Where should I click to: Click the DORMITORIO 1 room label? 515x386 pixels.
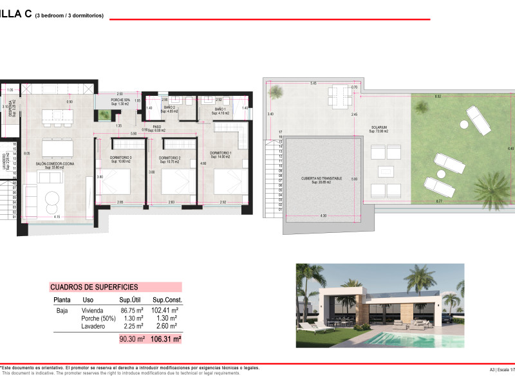click(220, 153)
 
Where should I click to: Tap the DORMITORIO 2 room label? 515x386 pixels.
click(171, 158)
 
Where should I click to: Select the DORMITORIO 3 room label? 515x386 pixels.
click(120, 158)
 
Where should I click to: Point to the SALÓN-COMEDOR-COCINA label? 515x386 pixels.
click(55, 164)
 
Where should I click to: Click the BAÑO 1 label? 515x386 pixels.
click(220, 110)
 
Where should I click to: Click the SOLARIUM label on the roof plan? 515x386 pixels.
click(379, 127)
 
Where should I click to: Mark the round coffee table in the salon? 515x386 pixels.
click(51, 205)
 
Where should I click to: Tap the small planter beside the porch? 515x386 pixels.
click(104, 116)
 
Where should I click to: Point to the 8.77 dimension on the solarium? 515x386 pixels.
click(438, 201)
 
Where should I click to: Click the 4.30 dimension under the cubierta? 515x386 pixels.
click(323, 214)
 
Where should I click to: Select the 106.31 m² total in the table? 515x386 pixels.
click(166, 338)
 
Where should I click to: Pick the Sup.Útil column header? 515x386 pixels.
click(130, 300)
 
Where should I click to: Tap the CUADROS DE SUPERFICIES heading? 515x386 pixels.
click(93, 287)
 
